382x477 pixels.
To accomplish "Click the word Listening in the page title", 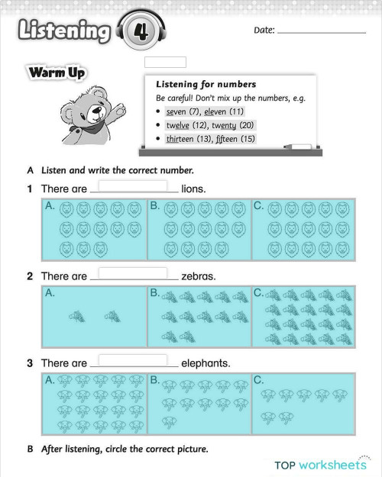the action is [63, 31].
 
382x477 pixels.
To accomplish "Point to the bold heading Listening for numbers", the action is [206, 84].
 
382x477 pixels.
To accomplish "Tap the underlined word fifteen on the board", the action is [238, 139].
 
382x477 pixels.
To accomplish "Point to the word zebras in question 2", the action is [199, 276].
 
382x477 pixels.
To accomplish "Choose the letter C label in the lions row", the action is [258, 205].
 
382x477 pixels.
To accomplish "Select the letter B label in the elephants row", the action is [154, 379].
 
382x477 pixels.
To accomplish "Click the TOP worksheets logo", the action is [322, 463].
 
